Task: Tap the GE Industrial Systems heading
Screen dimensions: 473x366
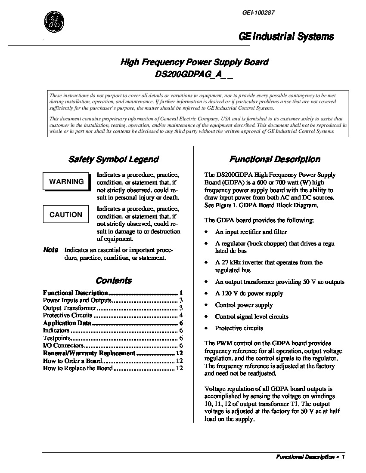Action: [286, 37]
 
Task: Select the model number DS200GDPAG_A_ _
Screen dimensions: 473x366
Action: [194, 74]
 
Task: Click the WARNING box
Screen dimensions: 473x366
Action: [66, 181]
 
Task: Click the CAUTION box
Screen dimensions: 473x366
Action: [66, 215]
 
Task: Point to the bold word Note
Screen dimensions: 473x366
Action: [51, 250]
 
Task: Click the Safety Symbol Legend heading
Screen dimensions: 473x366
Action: [114, 160]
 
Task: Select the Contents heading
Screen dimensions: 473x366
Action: [114, 281]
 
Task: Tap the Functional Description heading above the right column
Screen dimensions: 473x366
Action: [275, 160]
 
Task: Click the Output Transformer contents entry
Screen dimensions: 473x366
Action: [69, 308]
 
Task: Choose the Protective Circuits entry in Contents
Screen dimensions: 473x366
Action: [68, 316]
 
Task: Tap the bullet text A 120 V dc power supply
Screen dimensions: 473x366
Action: [249, 294]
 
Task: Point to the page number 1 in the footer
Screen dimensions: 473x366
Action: [343, 458]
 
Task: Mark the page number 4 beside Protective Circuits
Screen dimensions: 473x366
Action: [181, 316]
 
